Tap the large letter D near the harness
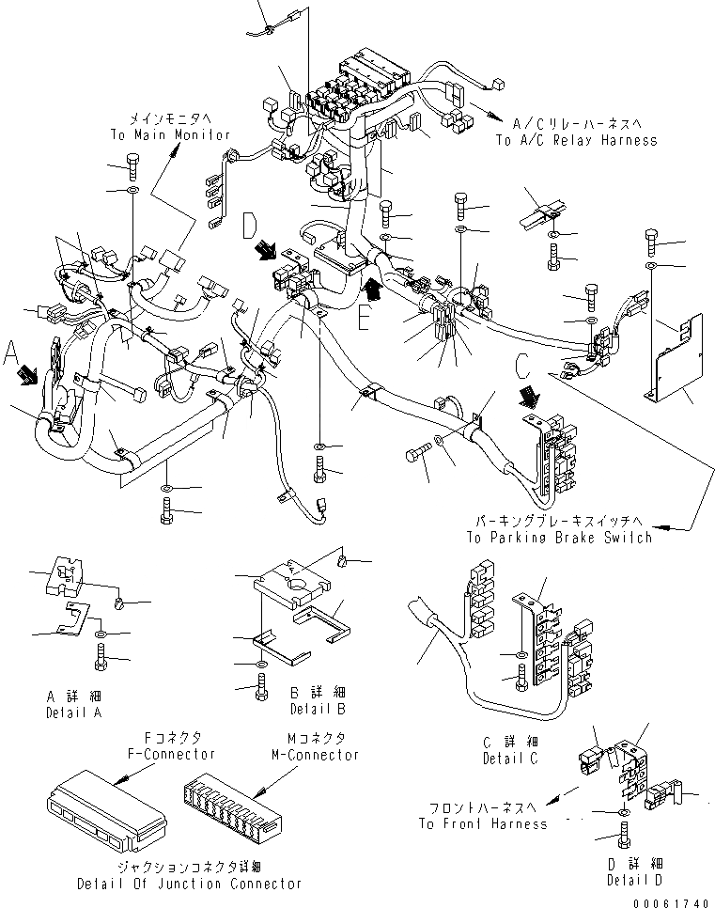pos(250,226)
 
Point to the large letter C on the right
pos(523,364)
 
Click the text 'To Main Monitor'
pos(169,135)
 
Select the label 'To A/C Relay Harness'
pos(576,140)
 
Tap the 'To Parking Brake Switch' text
pos(558,538)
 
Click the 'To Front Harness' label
pos(482,823)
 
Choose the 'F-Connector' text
pos(170,754)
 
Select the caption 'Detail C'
pos(510,758)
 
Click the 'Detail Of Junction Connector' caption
pos(191,884)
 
